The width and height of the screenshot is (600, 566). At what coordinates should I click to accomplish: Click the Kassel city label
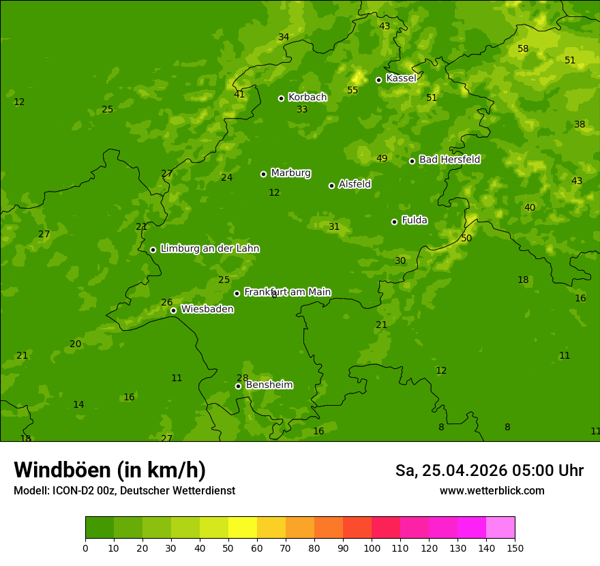(x=401, y=78)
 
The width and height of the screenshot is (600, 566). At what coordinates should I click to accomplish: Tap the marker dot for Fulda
(x=394, y=222)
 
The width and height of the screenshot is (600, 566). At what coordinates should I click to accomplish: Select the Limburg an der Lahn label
(x=209, y=249)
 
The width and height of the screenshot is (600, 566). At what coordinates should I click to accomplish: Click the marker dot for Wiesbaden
(x=173, y=310)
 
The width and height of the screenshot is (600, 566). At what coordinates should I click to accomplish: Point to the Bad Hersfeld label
(x=449, y=160)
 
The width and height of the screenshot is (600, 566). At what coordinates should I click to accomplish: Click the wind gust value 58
(x=523, y=48)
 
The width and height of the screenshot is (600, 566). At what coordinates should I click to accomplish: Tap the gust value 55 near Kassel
(x=352, y=90)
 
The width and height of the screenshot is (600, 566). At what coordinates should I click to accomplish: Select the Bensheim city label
(x=269, y=385)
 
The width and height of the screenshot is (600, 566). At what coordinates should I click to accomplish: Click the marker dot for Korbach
(x=281, y=98)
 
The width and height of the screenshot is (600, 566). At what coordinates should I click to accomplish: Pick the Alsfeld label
(x=355, y=184)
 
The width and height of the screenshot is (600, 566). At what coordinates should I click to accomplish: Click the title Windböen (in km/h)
(x=110, y=470)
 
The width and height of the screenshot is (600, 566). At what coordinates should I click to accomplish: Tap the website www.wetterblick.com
(x=492, y=491)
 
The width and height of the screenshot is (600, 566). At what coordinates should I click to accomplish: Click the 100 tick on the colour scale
(x=372, y=548)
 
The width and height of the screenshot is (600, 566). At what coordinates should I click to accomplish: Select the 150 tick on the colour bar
(x=515, y=548)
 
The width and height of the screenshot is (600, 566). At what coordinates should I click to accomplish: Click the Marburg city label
(x=290, y=173)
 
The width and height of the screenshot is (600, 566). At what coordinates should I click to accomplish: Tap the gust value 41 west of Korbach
(x=239, y=94)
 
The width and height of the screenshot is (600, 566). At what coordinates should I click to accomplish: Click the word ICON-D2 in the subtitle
(x=72, y=491)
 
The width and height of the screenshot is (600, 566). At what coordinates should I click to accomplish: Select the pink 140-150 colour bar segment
(x=500, y=528)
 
